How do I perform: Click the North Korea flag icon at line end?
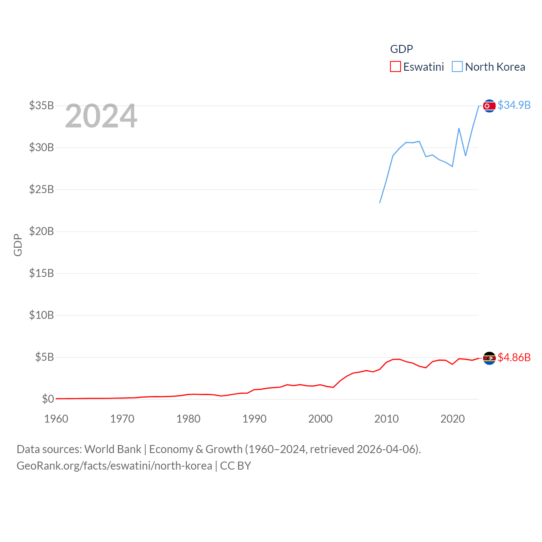point(489,106)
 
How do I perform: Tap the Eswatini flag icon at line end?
point(489,358)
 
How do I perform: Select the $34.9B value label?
point(514,105)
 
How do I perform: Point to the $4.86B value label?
point(514,357)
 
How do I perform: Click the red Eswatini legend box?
point(395,67)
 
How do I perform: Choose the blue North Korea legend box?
point(457,67)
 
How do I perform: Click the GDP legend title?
point(401,49)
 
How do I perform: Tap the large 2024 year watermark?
point(101,116)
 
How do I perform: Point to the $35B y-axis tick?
point(41,105)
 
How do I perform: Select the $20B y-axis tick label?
point(41,231)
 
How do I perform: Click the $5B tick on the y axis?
point(44,357)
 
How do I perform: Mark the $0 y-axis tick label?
point(48,399)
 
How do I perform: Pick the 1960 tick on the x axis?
point(56,419)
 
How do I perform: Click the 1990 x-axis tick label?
point(254,419)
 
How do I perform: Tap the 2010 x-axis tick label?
point(387,419)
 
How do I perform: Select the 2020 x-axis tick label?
point(453,419)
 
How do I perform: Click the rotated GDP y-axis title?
point(18,245)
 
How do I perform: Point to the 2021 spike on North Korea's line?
point(459,128)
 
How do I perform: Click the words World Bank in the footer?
point(113,449)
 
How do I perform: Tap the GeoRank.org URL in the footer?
point(114,466)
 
